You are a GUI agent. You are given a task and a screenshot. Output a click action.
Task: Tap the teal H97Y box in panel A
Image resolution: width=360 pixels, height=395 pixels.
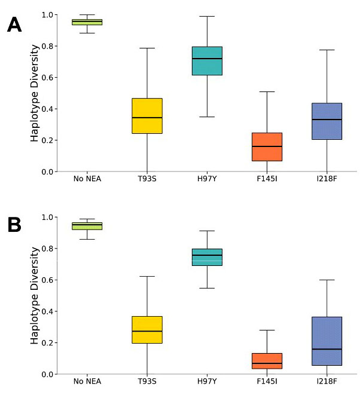207,61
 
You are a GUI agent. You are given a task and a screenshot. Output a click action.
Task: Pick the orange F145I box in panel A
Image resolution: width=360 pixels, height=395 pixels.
267,146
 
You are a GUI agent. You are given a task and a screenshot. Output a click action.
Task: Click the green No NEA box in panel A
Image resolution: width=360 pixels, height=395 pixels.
87,22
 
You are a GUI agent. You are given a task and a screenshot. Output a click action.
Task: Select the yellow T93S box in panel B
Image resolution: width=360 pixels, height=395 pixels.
147,329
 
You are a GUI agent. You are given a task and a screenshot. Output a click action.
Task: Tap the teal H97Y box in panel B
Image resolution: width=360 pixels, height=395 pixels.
207,257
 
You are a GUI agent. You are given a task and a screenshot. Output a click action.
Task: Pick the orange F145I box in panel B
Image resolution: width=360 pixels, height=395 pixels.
267,361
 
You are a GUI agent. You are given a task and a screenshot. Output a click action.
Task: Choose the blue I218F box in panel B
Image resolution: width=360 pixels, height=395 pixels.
327,341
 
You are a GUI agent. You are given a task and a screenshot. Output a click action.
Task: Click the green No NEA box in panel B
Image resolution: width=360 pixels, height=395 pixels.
87,226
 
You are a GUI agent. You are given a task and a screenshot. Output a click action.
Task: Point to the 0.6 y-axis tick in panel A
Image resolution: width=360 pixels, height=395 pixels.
47,78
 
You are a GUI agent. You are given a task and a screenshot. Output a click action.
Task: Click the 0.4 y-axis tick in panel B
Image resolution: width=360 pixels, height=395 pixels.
47,311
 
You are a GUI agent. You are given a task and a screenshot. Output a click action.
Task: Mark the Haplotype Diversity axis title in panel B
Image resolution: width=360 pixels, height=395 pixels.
35,295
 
